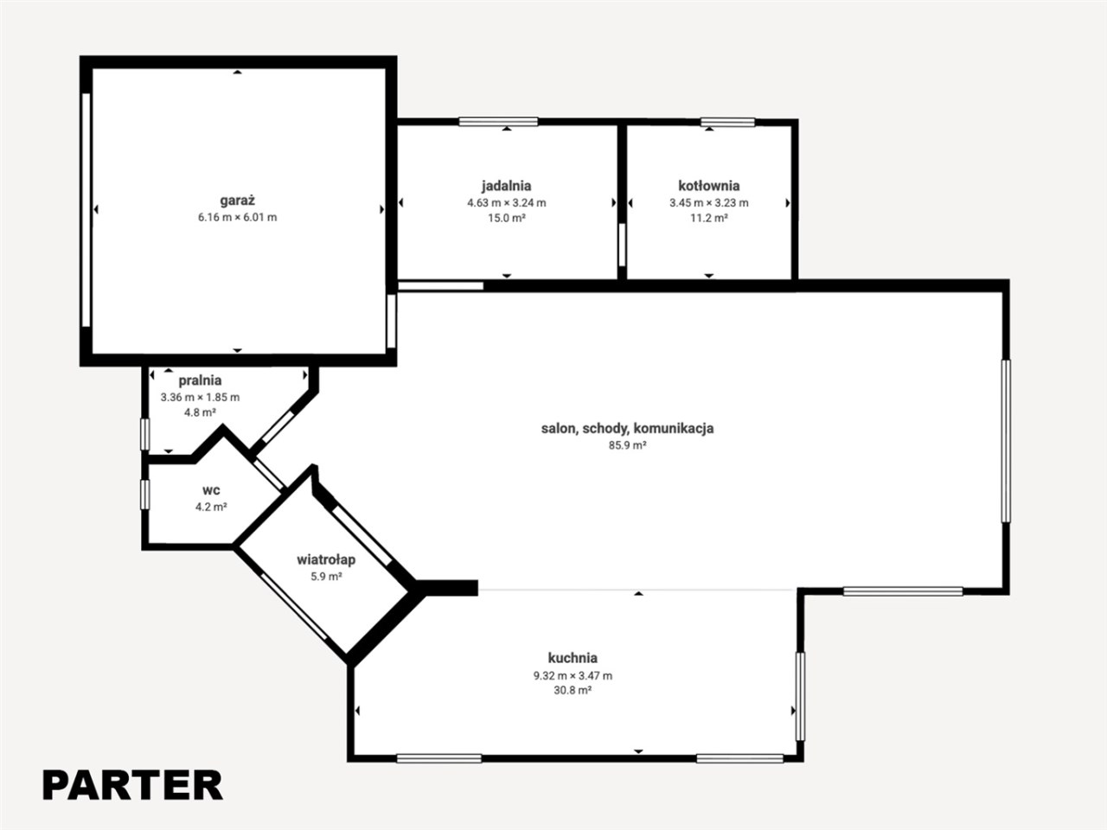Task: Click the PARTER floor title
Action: click(132, 785)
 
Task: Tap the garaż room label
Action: click(238, 201)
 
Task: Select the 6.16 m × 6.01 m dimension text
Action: click(238, 217)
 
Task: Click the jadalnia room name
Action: click(506, 186)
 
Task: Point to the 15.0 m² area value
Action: click(506, 218)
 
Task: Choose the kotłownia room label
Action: click(709, 186)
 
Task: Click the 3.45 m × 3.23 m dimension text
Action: click(709, 203)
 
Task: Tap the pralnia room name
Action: click(201, 380)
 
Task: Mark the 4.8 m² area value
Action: click(201, 412)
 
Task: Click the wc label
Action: click(211, 490)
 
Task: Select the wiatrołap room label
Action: click(326, 559)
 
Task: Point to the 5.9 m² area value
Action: click(326, 576)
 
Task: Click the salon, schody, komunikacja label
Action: click(627, 428)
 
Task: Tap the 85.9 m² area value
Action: click(627, 445)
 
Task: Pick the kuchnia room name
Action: click(573, 658)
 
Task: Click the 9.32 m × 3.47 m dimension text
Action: click(573, 675)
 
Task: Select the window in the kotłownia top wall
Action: click(727, 122)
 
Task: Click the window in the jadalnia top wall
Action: click(498, 121)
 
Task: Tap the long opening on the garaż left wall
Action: click(86, 209)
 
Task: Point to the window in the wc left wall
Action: click(145, 495)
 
